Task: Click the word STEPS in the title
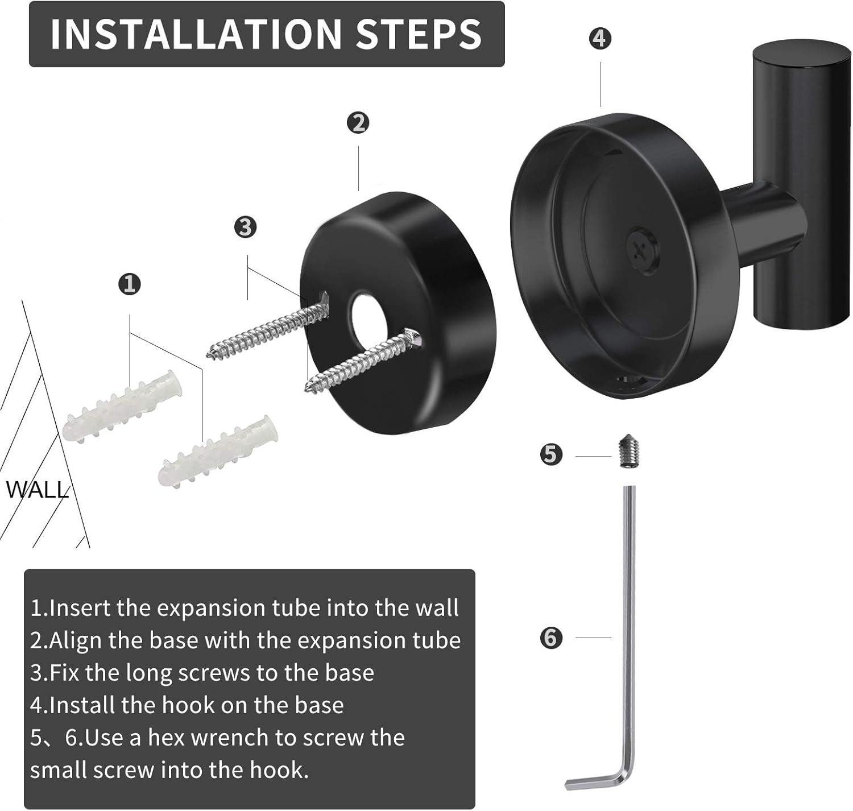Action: [x=419, y=34]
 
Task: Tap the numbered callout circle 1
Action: [x=130, y=283]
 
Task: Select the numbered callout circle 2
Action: [x=358, y=123]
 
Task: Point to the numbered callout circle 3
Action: [x=246, y=227]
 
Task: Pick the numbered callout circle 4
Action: [x=601, y=39]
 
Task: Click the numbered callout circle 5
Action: [x=550, y=455]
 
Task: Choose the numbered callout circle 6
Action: [x=550, y=638]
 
